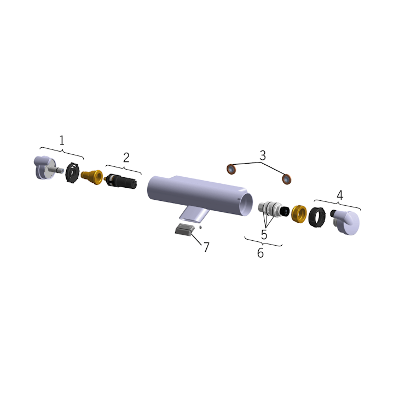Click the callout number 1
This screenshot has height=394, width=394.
[62, 141]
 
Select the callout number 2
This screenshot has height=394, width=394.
[126, 157]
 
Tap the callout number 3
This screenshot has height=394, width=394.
[263, 155]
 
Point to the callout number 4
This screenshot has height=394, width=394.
[340, 195]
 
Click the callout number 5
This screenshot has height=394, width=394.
[264, 234]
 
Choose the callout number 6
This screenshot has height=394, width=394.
[260, 253]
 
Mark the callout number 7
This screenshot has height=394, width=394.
[206, 247]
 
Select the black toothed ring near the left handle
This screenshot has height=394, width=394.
[72, 172]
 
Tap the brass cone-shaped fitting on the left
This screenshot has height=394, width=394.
[92, 177]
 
